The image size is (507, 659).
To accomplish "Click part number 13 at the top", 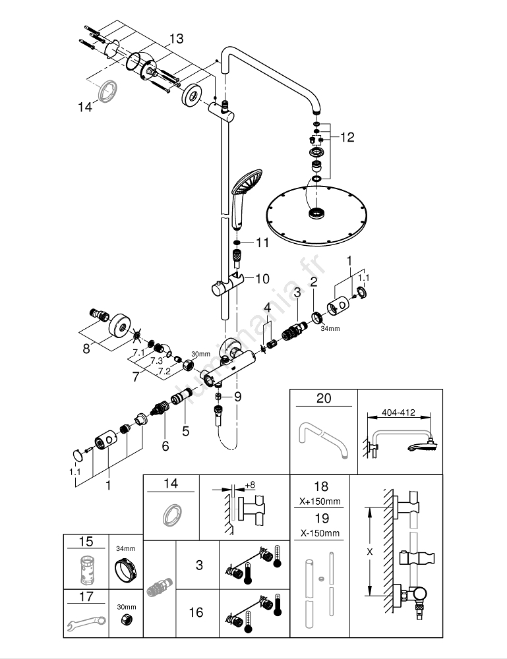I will click(175, 39).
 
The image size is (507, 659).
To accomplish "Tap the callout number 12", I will click(347, 137).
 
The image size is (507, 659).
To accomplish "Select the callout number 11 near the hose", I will click(262, 243).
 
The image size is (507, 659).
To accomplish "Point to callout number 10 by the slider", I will click(262, 279).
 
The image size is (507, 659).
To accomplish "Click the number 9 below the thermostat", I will click(237, 396).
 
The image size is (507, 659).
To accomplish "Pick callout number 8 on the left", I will click(86, 349).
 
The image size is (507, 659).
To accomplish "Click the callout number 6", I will click(165, 446).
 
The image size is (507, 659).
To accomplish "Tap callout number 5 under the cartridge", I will click(185, 432).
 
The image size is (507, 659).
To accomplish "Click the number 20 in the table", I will click(324, 398).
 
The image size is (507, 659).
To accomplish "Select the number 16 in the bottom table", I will click(196, 613).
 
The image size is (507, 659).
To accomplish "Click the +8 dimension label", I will click(249, 485).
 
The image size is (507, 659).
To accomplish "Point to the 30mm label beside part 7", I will click(198, 353).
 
